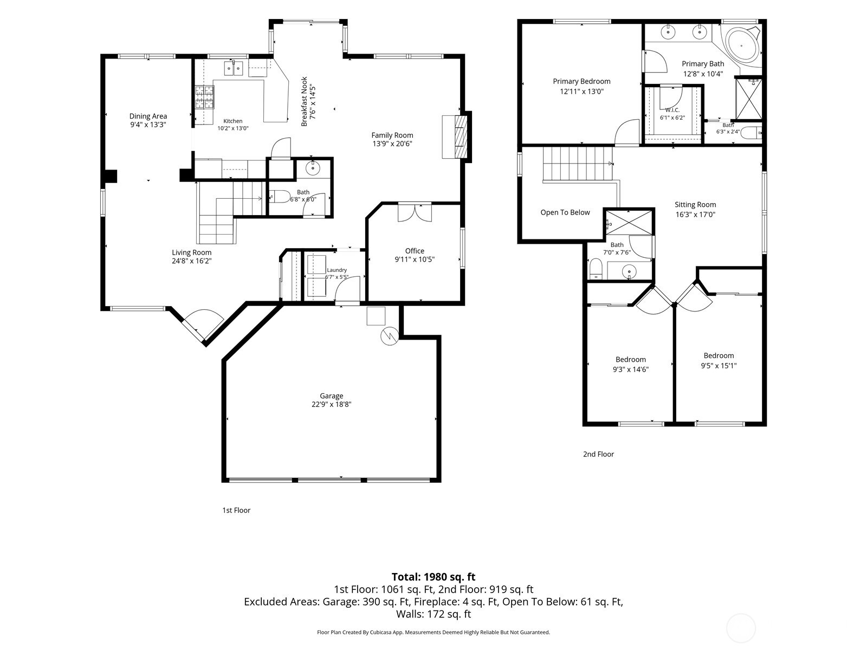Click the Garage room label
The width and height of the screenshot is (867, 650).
[331, 395]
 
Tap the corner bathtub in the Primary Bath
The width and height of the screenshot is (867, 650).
[741, 45]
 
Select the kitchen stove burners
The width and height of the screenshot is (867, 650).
[205, 97]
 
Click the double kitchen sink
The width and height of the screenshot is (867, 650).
[234, 68]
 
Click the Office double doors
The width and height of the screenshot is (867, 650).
[415, 213]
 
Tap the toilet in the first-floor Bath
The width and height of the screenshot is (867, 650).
[280, 196]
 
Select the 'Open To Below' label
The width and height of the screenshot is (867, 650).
[565, 212]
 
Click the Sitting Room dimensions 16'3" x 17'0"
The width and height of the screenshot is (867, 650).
[695, 214]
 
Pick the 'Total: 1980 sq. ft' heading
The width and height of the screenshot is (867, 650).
[433, 577]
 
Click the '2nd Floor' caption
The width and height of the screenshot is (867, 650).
[598, 454]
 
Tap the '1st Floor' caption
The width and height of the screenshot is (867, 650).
[236, 510]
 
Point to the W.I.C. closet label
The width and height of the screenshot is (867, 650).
[672, 110]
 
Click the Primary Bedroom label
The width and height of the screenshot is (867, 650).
[581, 81]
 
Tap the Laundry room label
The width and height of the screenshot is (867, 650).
[337, 270]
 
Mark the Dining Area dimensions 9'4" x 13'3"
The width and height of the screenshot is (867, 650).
[148, 125]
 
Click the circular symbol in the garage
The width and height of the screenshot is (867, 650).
[390, 336]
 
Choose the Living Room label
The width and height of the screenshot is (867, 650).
[192, 252]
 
